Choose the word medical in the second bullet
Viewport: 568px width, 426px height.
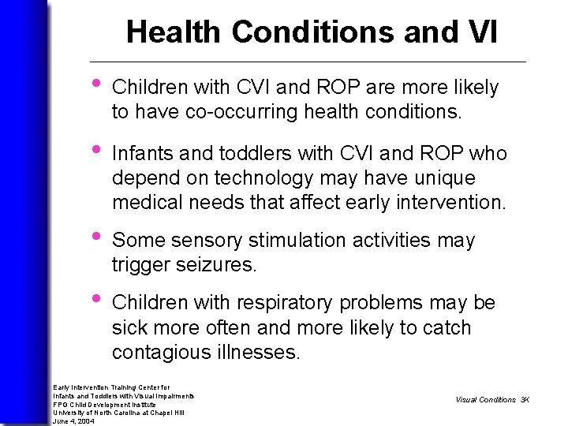[x=146, y=202]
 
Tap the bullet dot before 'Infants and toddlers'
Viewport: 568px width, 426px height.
[x=96, y=150]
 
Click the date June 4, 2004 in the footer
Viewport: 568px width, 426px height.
[x=73, y=421]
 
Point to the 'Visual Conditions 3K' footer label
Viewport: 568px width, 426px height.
[x=491, y=399]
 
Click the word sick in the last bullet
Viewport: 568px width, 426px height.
[x=129, y=328]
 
